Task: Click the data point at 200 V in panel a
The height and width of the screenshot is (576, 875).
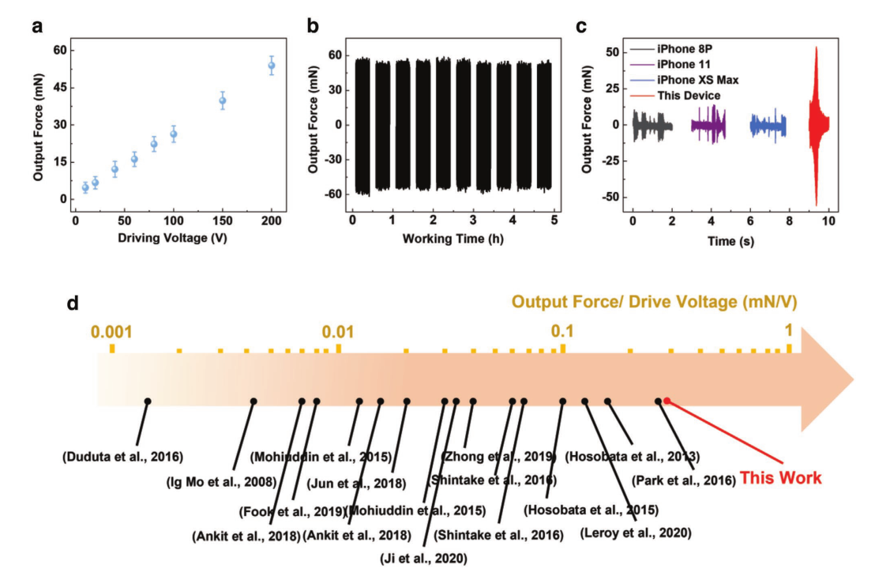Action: coord(272,66)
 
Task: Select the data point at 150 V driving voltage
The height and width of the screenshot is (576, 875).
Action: coord(223,100)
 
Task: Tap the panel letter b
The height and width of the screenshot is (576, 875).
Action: coord(313,26)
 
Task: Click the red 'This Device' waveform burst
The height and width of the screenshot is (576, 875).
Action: coord(817,125)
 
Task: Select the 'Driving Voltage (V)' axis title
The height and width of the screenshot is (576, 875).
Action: coord(167,238)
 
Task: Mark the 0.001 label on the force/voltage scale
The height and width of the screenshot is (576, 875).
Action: coord(111,330)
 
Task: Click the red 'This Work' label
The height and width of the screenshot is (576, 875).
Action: coord(780,478)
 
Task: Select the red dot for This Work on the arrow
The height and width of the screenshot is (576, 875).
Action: coord(667,401)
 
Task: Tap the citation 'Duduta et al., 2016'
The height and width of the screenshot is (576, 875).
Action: coord(122,456)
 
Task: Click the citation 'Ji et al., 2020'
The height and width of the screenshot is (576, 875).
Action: coord(423,559)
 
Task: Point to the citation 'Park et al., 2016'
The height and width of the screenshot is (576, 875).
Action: coord(685,478)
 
